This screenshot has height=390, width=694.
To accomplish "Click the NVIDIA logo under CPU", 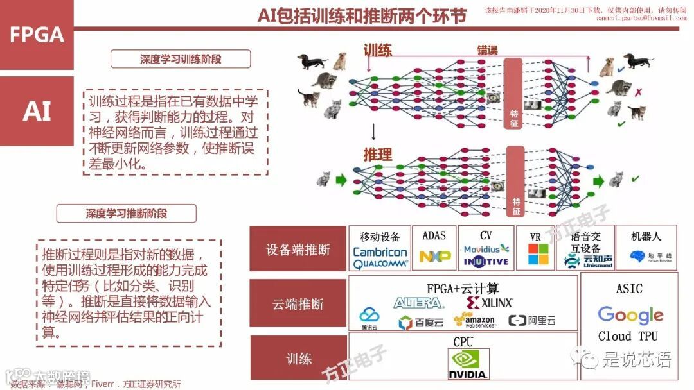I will pyautogui.click(x=469, y=364).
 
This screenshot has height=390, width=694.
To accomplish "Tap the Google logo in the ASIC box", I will pyautogui.click(x=630, y=315).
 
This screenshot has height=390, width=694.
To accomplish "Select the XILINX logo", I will pyautogui.click(x=490, y=302).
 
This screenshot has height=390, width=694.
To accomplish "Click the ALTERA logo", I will pyautogui.click(x=419, y=302).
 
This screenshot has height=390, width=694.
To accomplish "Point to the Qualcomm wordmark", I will pyautogui.click(x=380, y=263).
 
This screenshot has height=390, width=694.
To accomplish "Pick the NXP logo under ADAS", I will pyautogui.click(x=435, y=257).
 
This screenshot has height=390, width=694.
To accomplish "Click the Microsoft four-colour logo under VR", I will pyautogui.click(x=538, y=254).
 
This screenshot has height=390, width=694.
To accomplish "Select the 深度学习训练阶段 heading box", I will pyautogui.click(x=181, y=59).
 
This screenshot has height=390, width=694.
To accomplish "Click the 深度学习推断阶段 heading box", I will pyautogui.click(x=127, y=213).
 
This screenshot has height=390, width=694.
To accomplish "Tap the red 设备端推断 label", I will pyautogui.click(x=298, y=250).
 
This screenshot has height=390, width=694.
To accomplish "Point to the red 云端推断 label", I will pyautogui.click(x=298, y=304).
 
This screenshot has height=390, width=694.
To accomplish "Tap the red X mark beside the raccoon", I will pyautogui.click(x=638, y=92).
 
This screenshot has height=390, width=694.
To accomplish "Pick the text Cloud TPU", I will pyautogui.click(x=628, y=336).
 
